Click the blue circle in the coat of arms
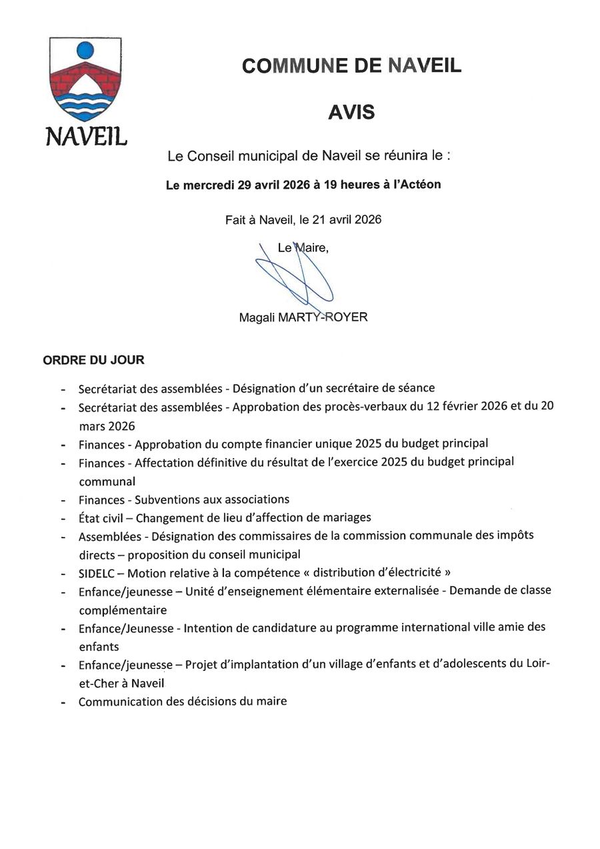(85, 50)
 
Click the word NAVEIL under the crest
(86, 136)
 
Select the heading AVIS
(351, 112)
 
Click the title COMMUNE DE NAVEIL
(351, 65)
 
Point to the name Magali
(257, 317)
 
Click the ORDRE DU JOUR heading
(93, 360)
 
